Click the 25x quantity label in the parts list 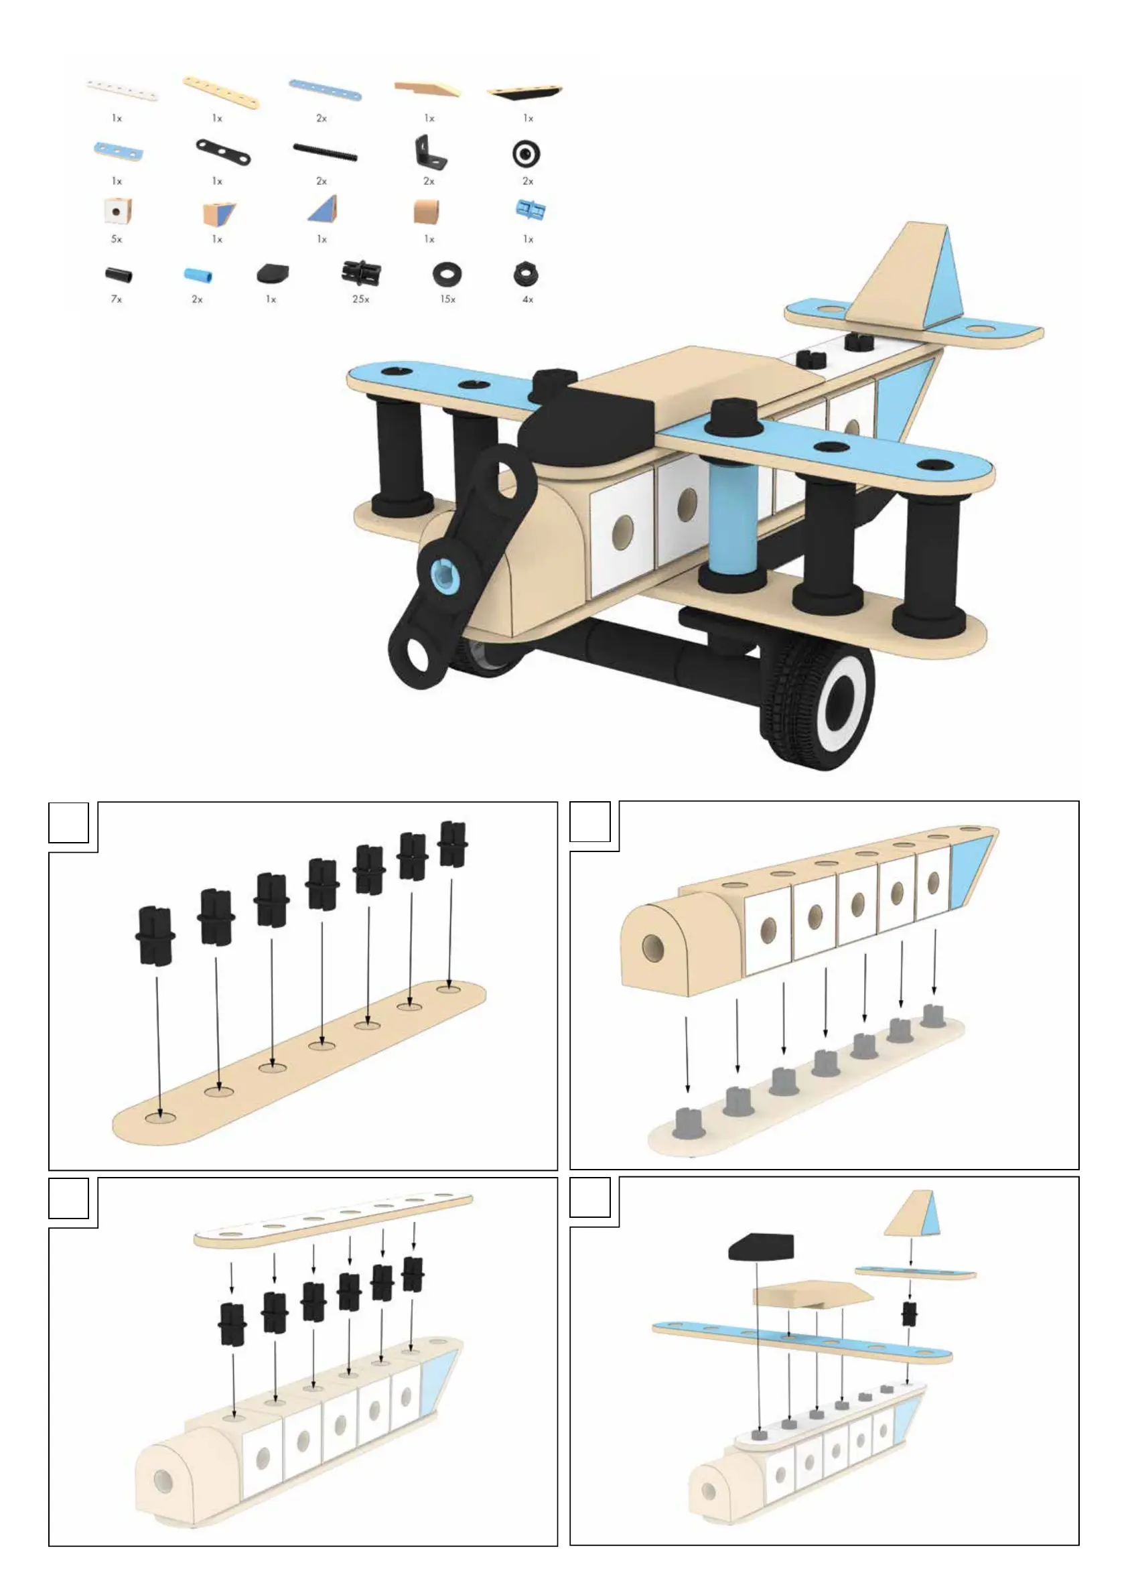point(360,299)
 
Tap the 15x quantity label point(447,299)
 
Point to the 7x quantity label point(116,299)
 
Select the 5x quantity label point(116,239)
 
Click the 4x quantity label point(528,299)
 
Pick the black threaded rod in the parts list point(324,152)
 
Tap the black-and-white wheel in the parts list point(526,153)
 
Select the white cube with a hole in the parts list point(117,210)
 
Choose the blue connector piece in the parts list point(530,208)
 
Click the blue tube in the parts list point(198,275)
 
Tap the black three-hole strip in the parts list point(222,151)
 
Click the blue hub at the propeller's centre point(441,575)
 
